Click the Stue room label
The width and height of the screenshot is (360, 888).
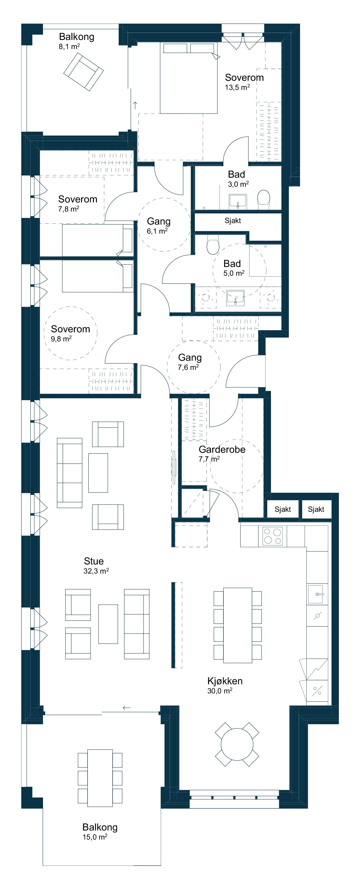click(x=94, y=561)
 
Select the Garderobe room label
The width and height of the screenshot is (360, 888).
click(x=222, y=449)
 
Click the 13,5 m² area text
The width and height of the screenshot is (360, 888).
click(x=237, y=87)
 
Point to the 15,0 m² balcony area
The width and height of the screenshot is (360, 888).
click(x=95, y=837)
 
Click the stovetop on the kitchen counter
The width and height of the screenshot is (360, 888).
click(x=272, y=536)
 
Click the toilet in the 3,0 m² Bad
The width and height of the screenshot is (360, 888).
click(x=264, y=199)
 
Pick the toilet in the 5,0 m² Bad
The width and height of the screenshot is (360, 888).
click(x=213, y=244)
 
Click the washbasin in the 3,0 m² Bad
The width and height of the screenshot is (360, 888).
click(x=238, y=202)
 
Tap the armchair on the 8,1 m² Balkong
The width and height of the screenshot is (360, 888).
click(x=84, y=72)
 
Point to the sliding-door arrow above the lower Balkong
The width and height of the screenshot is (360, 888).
click(x=127, y=708)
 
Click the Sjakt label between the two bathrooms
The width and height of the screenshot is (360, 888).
click(x=233, y=221)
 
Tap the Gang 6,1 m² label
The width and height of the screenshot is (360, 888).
click(x=158, y=226)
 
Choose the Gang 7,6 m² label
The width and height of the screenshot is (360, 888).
click(x=190, y=362)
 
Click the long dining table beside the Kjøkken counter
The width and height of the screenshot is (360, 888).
click(x=238, y=625)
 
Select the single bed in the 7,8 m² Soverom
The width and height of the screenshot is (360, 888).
click(x=97, y=240)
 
